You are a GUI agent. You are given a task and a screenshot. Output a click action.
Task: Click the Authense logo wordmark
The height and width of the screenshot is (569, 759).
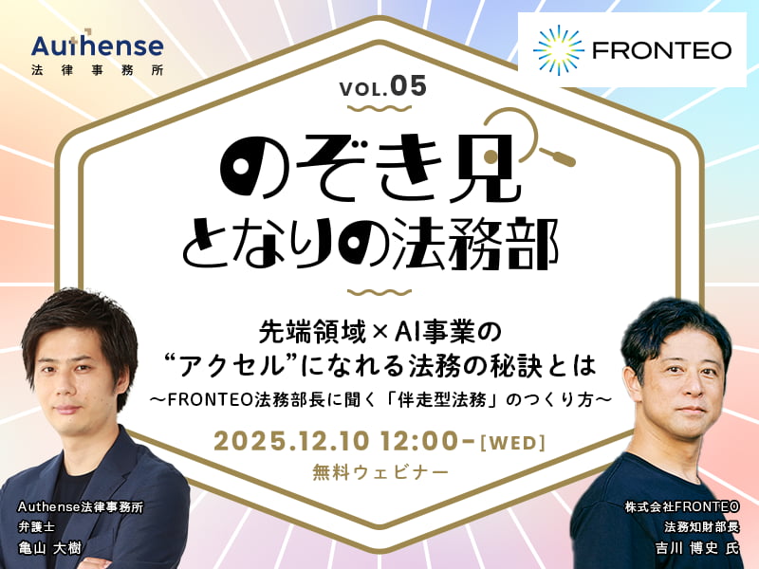[x=97, y=46]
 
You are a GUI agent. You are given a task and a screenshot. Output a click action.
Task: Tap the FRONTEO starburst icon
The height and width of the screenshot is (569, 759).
[x=558, y=49]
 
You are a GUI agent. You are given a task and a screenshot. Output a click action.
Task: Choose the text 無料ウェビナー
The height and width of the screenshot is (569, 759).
[x=379, y=471]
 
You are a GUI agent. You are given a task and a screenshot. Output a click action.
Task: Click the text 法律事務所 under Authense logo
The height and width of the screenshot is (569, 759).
[x=97, y=70]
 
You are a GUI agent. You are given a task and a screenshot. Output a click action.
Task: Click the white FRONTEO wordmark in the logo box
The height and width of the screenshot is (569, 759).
[x=661, y=49]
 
